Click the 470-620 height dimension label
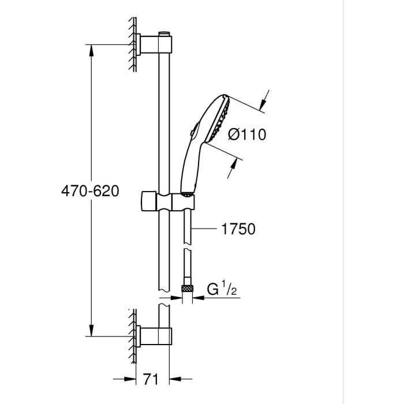(x=90, y=190)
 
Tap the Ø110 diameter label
(x=246, y=135)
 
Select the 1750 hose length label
(x=238, y=229)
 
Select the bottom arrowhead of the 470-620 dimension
(x=91, y=330)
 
